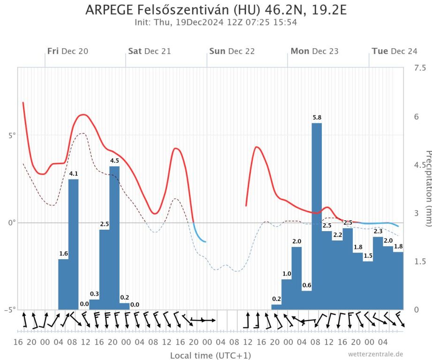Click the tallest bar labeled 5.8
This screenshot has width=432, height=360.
317,216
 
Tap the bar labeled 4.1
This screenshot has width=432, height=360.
73,244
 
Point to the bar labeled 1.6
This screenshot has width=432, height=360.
63,284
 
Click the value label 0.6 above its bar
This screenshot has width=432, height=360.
306,285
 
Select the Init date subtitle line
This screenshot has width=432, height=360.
216,22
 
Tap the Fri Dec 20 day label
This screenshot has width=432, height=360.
68,51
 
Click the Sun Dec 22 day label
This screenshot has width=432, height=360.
232,51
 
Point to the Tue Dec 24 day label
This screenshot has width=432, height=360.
394,51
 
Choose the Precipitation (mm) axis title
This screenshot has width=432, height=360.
427,187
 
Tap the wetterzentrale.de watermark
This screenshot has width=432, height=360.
375,354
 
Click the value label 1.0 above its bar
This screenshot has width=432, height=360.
286,274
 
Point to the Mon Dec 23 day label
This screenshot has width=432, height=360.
314,51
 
